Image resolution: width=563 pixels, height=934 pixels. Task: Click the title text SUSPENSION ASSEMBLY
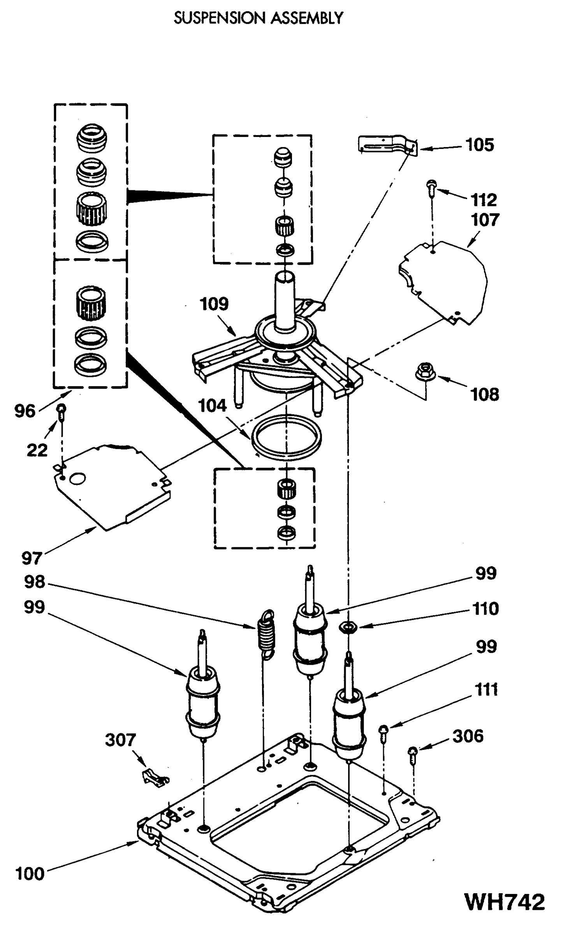(x=259, y=18)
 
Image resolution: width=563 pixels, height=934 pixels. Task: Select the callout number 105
(x=480, y=145)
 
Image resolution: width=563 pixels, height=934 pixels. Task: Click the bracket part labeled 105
(x=387, y=145)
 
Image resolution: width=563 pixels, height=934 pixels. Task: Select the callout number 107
(x=485, y=220)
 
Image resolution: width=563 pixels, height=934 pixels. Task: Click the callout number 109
(x=214, y=304)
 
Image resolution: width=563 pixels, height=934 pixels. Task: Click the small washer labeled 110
(x=348, y=627)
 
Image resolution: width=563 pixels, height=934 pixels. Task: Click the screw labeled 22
(x=62, y=411)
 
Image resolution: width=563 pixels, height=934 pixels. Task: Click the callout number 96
(x=25, y=411)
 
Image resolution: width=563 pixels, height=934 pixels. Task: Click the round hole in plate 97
(x=77, y=479)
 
